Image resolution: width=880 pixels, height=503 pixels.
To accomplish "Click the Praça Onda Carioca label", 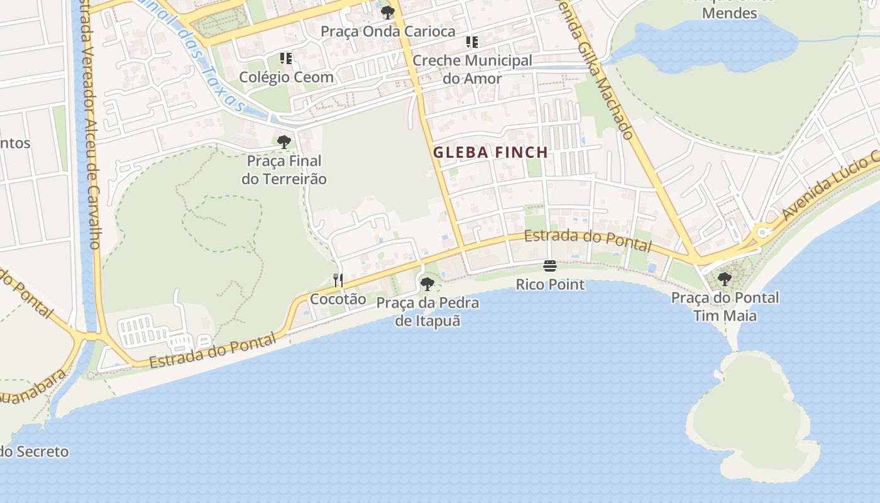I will pos(388,31).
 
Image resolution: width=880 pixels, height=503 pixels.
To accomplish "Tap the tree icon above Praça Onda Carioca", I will pos(388,12).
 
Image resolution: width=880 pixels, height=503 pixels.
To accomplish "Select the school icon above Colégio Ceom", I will pos(286,58).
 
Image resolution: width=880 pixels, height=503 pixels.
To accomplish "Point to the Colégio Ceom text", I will pos(286,77).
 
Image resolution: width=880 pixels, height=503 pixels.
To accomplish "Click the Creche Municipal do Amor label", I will pos(472,70).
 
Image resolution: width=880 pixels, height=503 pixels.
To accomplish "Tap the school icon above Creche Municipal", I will pos(471,42).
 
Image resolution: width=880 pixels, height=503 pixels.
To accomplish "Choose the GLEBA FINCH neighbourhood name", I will pos(490,152).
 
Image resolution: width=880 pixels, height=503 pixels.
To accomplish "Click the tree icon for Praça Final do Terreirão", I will pos(284,142).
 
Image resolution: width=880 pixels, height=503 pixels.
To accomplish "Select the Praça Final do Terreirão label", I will pos(284,170).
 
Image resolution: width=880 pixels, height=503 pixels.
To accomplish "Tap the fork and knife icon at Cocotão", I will pos(338,280).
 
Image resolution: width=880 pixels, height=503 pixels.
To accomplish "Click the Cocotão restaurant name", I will pos(338,299).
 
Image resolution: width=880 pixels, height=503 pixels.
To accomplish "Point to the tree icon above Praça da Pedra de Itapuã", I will pos(427,284).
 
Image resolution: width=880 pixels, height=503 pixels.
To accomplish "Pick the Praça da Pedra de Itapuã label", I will pos(427,312).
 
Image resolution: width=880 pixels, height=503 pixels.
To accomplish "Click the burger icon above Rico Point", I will pos(550,266).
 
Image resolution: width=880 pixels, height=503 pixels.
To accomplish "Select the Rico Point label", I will pos(550,285).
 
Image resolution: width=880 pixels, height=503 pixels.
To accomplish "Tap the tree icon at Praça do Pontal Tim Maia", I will pos(725,279).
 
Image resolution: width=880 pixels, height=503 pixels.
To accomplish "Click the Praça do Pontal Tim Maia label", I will pos(725,306).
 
